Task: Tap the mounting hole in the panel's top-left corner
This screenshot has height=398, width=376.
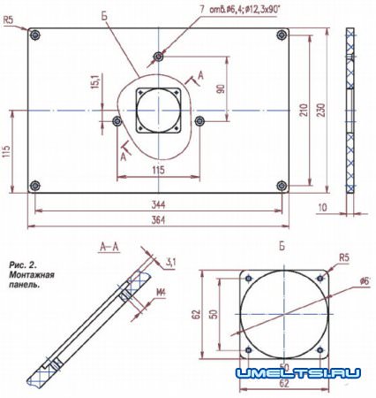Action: click(34, 35)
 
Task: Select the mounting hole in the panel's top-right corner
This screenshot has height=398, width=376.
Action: click(284, 35)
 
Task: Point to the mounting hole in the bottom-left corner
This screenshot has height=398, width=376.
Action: click(34, 186)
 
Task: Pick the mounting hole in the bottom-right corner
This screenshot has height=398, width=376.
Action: click(284, 186)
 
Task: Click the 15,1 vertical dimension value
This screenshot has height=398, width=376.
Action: click(94, 82)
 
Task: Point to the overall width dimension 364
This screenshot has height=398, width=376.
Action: click(159, 218)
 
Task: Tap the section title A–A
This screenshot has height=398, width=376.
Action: click(110, 249)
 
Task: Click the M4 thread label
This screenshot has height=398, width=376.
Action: click(161, 293)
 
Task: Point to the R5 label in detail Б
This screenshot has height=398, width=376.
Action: click(343, 258)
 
